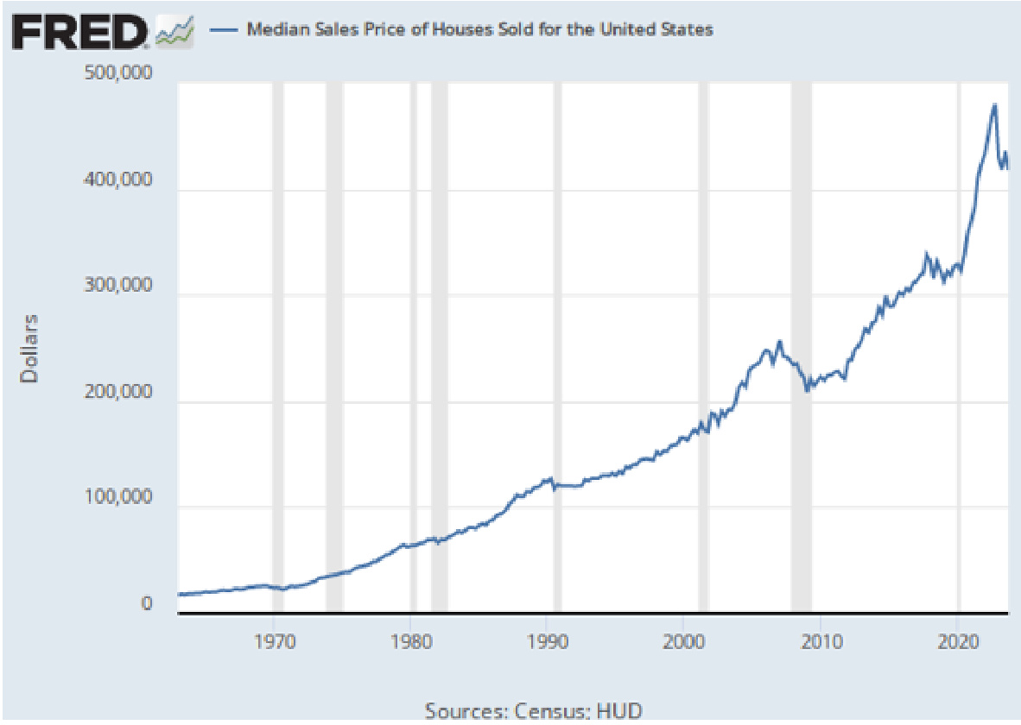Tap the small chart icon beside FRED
click(x=174, y=32)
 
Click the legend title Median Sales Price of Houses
click(x=480, y=29)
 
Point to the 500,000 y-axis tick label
click(x=117, y=73)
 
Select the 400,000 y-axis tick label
click(x=117, y=180)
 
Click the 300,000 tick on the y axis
click(x=117, y=286)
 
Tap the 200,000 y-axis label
click(x=117, y=392)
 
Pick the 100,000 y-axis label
click(x=117, y=498)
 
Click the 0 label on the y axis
click(x=147, y=604)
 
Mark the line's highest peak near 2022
click(x=995, y=105)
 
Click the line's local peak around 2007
click(x=779, y=342)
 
